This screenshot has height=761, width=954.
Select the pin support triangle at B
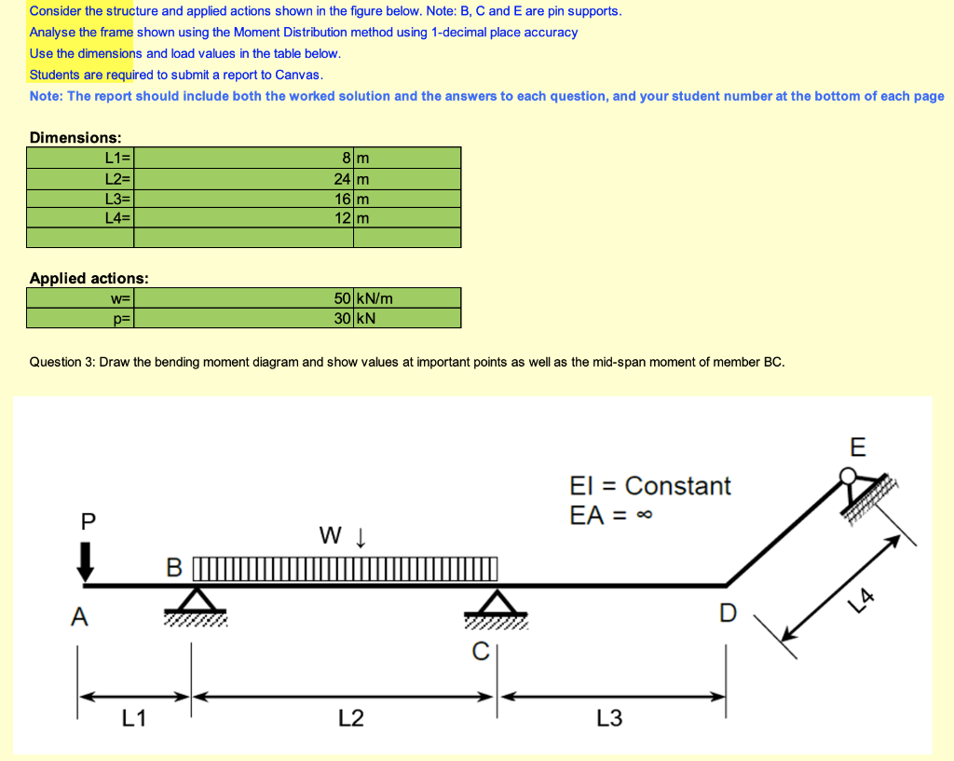tap(194, 599)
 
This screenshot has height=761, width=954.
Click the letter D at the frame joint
tap(728, 613)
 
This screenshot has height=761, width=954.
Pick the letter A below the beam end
tap(81, 616)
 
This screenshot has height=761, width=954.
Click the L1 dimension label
tap(134, 717)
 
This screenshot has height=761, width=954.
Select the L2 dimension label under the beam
tap(350, 717)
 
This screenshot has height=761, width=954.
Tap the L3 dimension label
tap(609, 717)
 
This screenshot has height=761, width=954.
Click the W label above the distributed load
tap(331, 535)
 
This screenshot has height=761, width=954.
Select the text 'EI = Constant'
tap(649, 486)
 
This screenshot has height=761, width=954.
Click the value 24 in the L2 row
tap(342, 178)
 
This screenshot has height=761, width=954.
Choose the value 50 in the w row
tap(342, 298)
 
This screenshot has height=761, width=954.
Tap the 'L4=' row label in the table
tap(119, 217)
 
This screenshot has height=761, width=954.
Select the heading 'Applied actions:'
tap(89, 278)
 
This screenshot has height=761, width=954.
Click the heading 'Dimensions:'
tap(75, 137)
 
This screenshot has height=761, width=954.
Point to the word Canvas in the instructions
tap(297, 75)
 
